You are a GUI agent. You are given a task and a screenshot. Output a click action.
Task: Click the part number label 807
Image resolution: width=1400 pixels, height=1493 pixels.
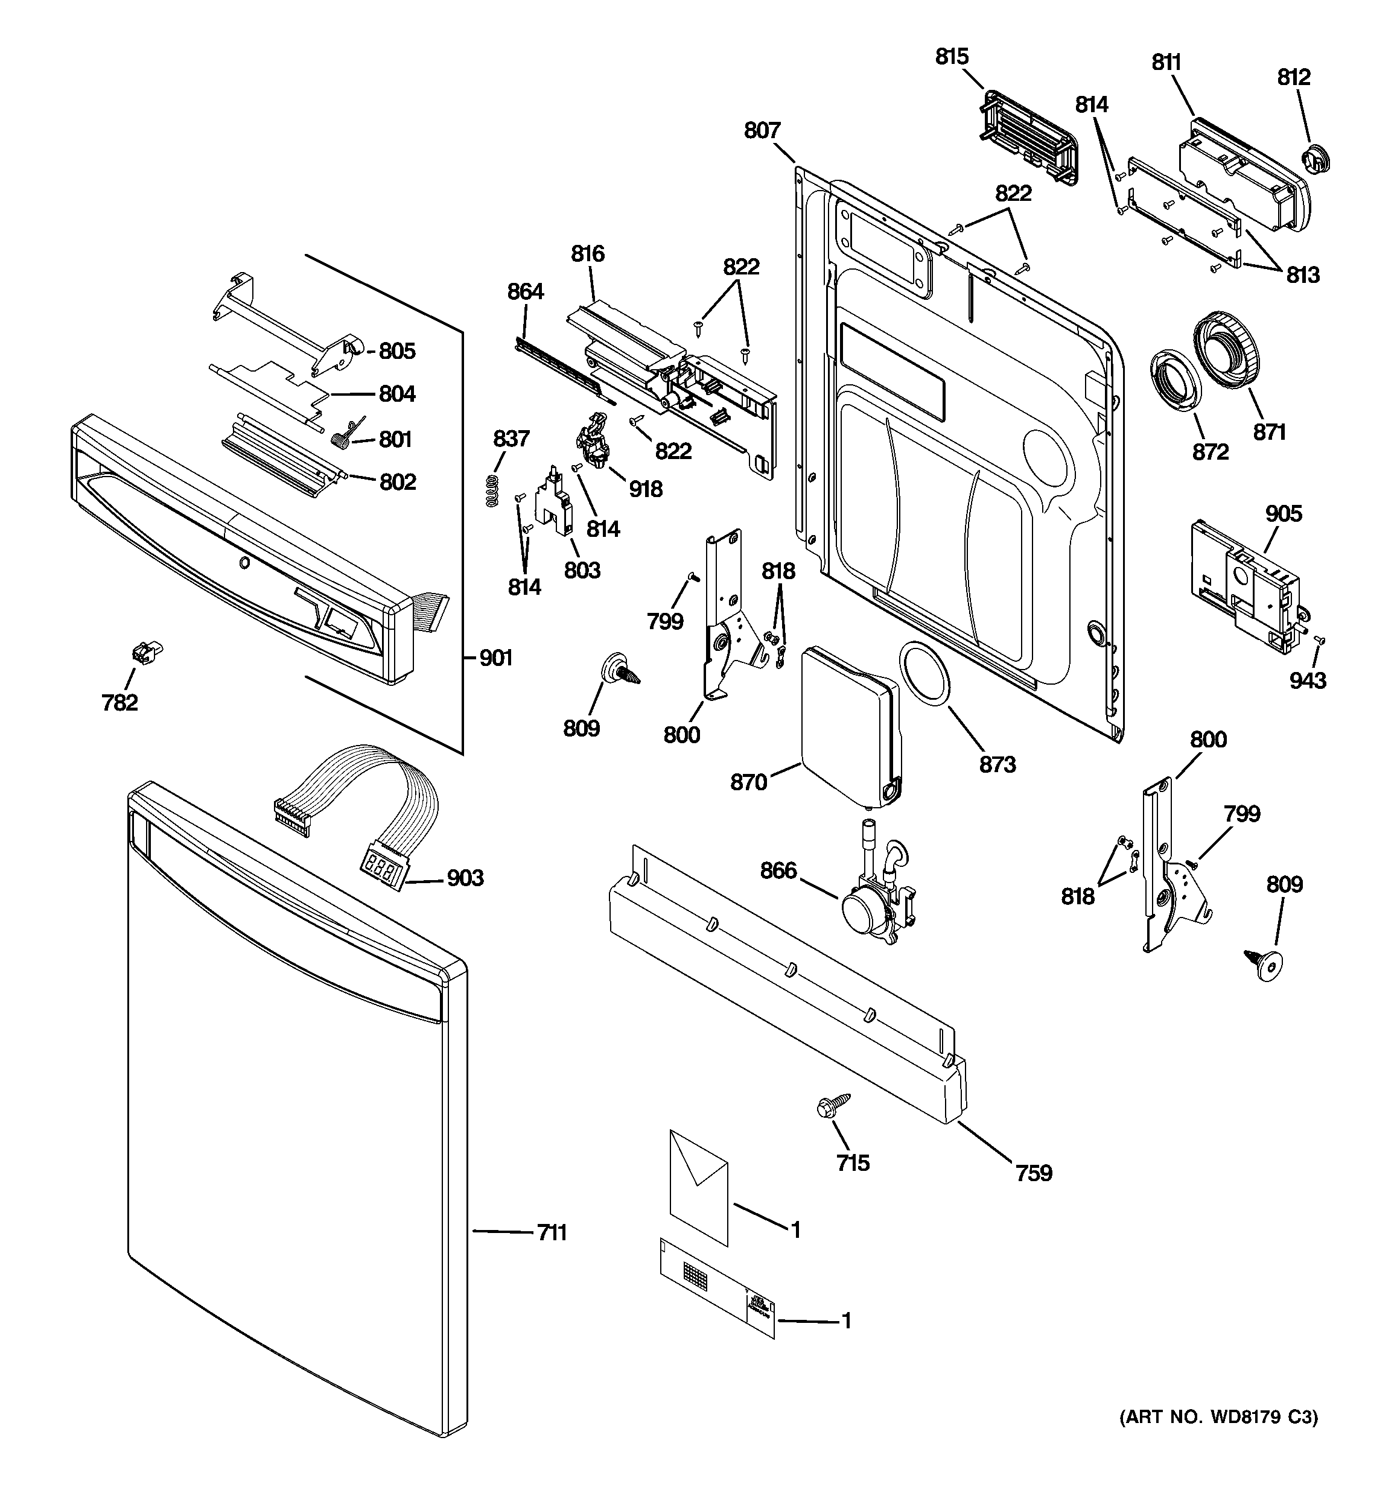[762, 131]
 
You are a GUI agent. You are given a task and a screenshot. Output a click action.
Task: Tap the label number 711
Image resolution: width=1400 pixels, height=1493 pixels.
[552, 1232]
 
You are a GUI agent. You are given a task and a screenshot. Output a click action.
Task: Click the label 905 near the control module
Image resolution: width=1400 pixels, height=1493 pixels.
[1283, 514]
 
